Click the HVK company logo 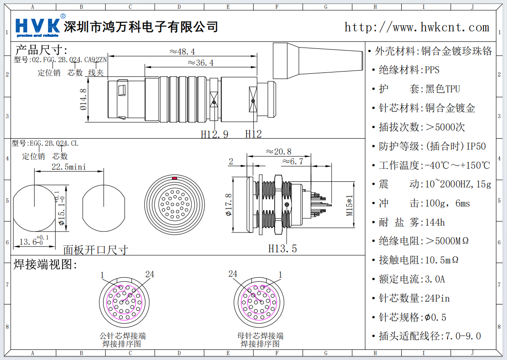click(x=38, y=27)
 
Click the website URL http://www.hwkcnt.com click(x=416, y=27)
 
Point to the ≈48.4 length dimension click(x=182, y=52)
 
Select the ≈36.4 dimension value click(x=200, y=63)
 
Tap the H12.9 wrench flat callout click(x=214, y=134)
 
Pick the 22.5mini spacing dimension click(x=69, y=167)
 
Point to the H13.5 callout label click(x=282, y=248)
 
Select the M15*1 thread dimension click(x=349, y=205)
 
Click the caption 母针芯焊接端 click(x=260, y=336)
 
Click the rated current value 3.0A click(x=435, y=279)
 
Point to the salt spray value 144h click(x=435, y=222)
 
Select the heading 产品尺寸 click(x=41, y=50)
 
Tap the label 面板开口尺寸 click(x=95, y=250)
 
